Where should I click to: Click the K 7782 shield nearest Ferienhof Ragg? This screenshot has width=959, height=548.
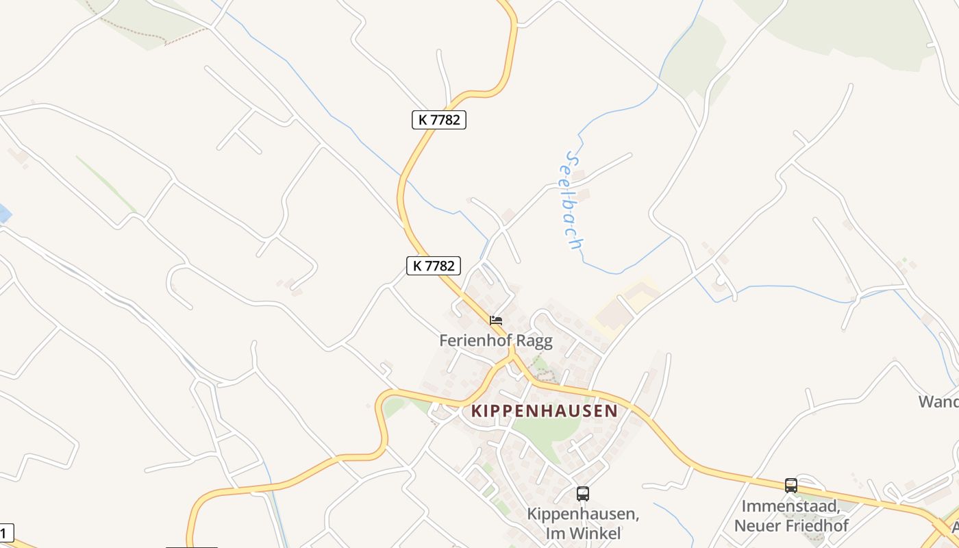tap(434, 266)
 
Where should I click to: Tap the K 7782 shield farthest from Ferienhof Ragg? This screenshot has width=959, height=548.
tap(439, 119)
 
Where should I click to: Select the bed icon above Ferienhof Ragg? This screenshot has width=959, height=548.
tap(496, 320)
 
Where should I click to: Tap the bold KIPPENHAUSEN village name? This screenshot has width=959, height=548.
tap(545, 411)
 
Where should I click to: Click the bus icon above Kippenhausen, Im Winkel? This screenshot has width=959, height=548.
tap(582, 493)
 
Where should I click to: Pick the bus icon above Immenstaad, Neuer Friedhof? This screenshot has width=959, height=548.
tap(791, 486)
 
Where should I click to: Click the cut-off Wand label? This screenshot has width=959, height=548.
tap(939, 401)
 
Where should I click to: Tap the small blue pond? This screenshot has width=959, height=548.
tap(4, 214)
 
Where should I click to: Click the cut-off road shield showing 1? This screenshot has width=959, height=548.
tap(5, 533)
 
